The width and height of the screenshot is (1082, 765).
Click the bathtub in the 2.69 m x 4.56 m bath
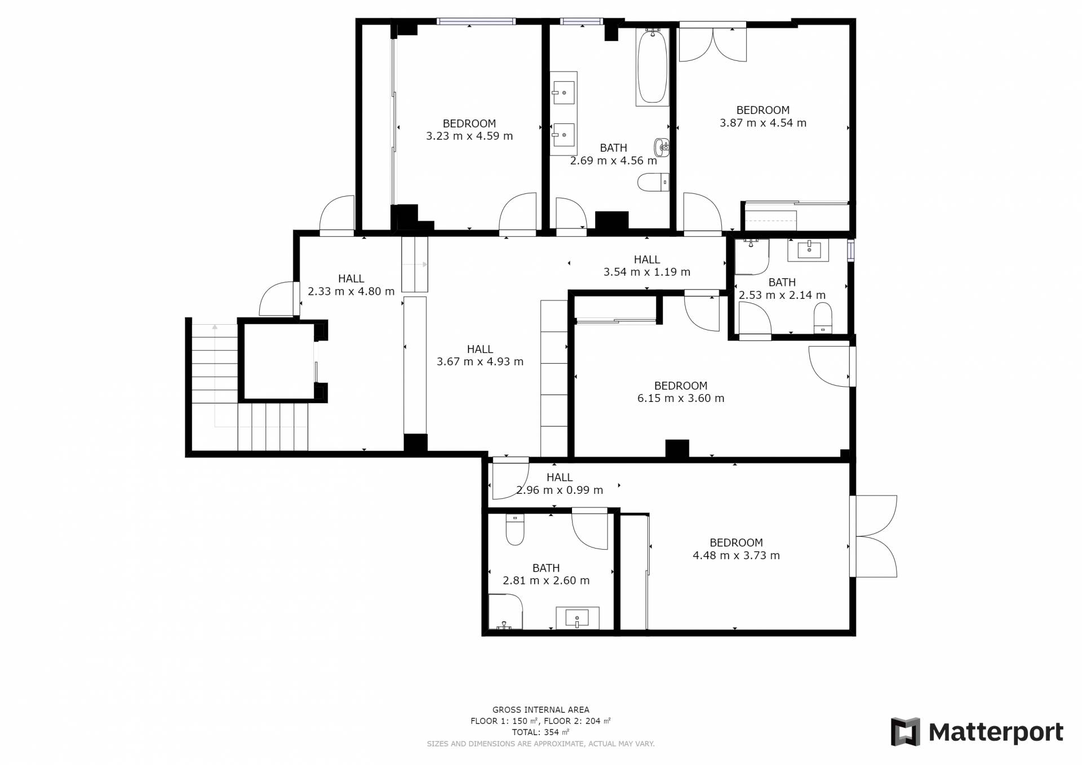coord(652,67)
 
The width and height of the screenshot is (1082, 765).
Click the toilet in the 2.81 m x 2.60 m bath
coord(515,529)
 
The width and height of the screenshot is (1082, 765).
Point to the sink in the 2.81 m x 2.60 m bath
coord(577,618)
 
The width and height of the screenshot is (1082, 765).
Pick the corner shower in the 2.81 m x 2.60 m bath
coord(505,612)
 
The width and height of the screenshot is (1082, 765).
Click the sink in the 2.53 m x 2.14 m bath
coord(809,250)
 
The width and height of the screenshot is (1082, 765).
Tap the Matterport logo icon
coord(905,732)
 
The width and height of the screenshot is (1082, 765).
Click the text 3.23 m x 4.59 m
coord(469,136)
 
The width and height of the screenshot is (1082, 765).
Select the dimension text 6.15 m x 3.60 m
coord(681,398)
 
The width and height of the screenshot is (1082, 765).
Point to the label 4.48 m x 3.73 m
coord(736,555)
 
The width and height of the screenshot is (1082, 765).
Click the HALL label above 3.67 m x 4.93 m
coord(480,350)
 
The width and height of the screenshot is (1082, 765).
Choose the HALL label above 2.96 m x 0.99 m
coord(560,477)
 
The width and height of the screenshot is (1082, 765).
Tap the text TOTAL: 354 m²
coord(540,732)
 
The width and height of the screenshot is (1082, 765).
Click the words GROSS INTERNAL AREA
coord(541,710)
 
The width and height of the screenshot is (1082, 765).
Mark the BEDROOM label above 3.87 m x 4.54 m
coord(763,110)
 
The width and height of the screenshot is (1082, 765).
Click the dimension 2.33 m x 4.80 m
coord(351,291)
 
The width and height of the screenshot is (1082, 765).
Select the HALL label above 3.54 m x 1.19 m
coord(647,260)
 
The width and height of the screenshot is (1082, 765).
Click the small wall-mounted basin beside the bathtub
coord(662,148)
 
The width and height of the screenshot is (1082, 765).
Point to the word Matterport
coord(996,732)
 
